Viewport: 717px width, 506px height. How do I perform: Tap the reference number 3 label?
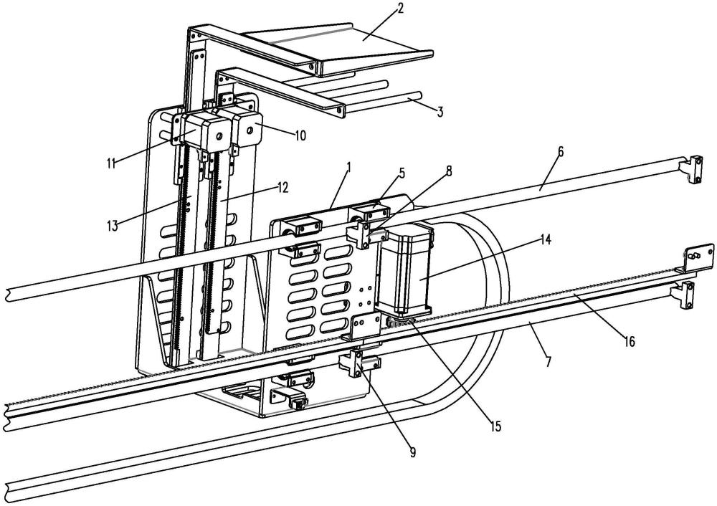tap(440, 112)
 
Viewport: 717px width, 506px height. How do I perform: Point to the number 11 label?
tap(111, 163)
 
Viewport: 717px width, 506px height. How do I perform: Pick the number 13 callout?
tap(112, 225)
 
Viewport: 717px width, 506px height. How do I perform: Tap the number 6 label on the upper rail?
tap(561, 152)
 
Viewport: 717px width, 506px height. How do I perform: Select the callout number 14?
tap(545, 239)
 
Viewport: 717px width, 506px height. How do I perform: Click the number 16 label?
tap(630, 341)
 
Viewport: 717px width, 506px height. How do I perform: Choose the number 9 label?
tap(412, 452)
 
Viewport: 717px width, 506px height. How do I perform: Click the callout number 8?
tap(449, 171)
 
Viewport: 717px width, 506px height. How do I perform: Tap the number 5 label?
tap(402, 173)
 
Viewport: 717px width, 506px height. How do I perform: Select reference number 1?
tap(348, 167)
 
